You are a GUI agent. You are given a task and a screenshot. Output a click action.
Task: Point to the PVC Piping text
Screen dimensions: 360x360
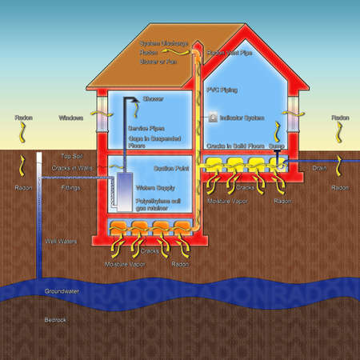pos(222,90)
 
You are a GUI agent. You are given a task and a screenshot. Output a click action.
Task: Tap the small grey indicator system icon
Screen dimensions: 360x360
pos(212,117)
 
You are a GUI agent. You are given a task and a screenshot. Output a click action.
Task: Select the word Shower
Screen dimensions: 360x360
pos(153,99)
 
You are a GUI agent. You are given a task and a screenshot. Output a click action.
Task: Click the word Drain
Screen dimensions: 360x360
pos(319,168)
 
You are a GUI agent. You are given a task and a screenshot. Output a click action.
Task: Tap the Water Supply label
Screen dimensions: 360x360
pos(154,186)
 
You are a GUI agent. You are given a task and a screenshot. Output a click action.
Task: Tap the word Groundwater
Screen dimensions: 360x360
pos(62,291)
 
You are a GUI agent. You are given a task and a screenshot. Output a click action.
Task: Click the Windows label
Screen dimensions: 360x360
pos(71,118)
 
